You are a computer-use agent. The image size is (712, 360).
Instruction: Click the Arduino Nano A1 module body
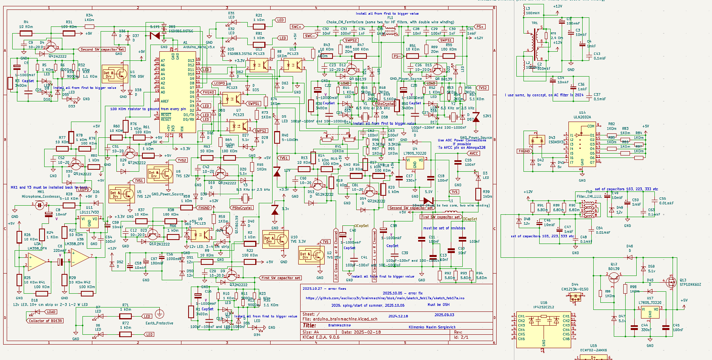click(x=177, y=93)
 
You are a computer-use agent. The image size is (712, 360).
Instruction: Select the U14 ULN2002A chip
click(x=582, y=144)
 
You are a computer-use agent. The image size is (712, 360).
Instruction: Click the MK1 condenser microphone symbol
click(x=40, y=204)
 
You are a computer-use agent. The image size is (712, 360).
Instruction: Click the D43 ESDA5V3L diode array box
click(x=537, y=140)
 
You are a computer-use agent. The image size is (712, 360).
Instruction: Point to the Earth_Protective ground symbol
click(x=159, y=314)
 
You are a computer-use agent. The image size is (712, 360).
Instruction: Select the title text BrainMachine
click(x=339, y=326)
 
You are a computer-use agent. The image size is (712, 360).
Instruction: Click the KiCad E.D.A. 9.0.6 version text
click(x=321, y=337)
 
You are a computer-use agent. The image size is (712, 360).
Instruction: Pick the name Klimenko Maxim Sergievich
click(x=432, y=327)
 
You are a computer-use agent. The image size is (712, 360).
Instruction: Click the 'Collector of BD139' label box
click(x=46, y=321)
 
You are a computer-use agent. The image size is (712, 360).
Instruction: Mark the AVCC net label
click(x=474, y=154)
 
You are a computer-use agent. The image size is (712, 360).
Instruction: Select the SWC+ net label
click(x=297, y=27)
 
